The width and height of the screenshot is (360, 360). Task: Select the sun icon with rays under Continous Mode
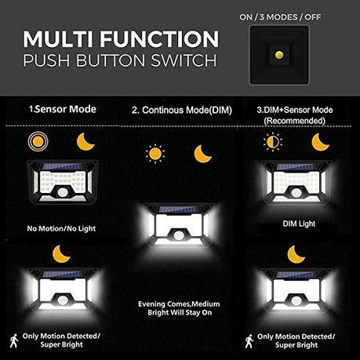click(x=155, y=151)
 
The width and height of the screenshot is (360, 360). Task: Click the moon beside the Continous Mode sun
click(x=203, y=151)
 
